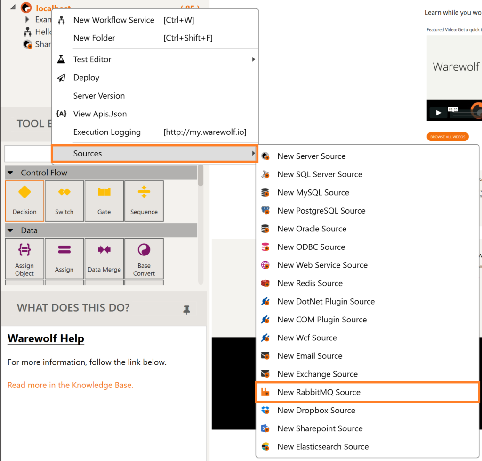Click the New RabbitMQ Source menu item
point(319,392)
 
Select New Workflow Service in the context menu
point(113,20)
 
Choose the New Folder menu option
point(94,38)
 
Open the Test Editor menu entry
point(92,59)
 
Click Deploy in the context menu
point(86,78)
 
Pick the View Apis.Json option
point(100,114)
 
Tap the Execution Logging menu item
point(107,132)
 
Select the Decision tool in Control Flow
point(24,200)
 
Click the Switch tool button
point(64,200)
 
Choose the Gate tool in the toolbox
point(104,200)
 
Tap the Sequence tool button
point(144,200)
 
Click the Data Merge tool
point(104,258)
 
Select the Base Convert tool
point(144,258)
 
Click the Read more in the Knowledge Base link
point(70,385)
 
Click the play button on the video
point(438,113)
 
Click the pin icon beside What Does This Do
point(187,310)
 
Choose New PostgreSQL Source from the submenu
point(321,211)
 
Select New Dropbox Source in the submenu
point(316,411)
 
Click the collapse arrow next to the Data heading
point(10,230)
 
